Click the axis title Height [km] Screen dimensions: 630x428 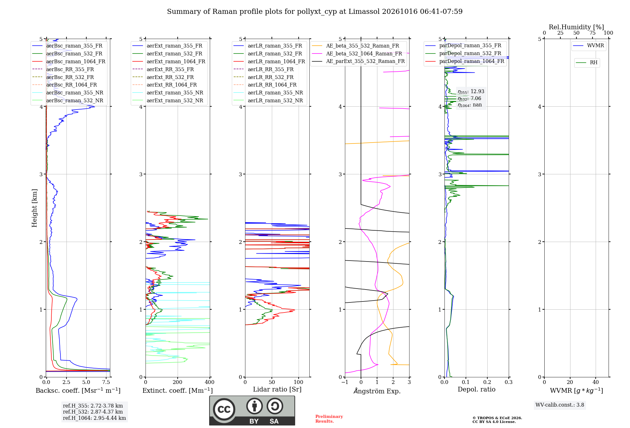[34, 208]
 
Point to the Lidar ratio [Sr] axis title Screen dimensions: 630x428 [277, 389]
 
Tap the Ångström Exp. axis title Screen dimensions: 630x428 [377, 391]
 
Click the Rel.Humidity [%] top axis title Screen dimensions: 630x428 [576, 27]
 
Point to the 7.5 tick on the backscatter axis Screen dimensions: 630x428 [106, 382]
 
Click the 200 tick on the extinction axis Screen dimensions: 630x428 [178, 382]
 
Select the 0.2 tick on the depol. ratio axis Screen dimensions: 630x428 [487, 382]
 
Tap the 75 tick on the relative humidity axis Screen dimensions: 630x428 [593, 33]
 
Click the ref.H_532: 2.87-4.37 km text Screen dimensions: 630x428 [93, 412]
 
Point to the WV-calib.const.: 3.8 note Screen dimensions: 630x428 [560, 405]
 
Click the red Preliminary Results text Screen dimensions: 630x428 [329, 419]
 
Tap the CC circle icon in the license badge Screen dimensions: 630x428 [224, 409]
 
